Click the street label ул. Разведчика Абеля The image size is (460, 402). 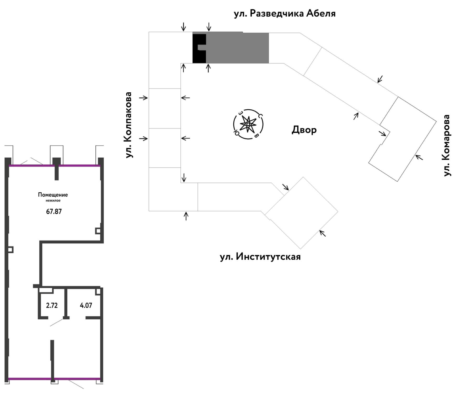click(x=285, y=13)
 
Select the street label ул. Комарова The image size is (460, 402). click(x=447, y=145)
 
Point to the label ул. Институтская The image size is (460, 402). click(x=260, y=257)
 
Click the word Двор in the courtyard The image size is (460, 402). click(x=304, y=130)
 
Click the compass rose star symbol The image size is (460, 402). click(x=248, y=124)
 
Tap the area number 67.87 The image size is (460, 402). click(x=54, y=211)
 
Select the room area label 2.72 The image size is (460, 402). click(x=52, y=305)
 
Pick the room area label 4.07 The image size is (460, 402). click(x=86, y=305)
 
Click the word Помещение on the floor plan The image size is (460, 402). click(x=53, y=195)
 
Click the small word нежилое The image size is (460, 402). click(x=53, y=200)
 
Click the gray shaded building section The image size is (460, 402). click(x=237, y=48)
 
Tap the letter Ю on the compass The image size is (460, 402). click(x=236, y=132)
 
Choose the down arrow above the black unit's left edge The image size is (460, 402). click(x=184, y=26)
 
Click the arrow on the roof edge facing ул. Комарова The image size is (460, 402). click(x=419, y=157)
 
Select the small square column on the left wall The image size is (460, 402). click(x=10, y=250)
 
